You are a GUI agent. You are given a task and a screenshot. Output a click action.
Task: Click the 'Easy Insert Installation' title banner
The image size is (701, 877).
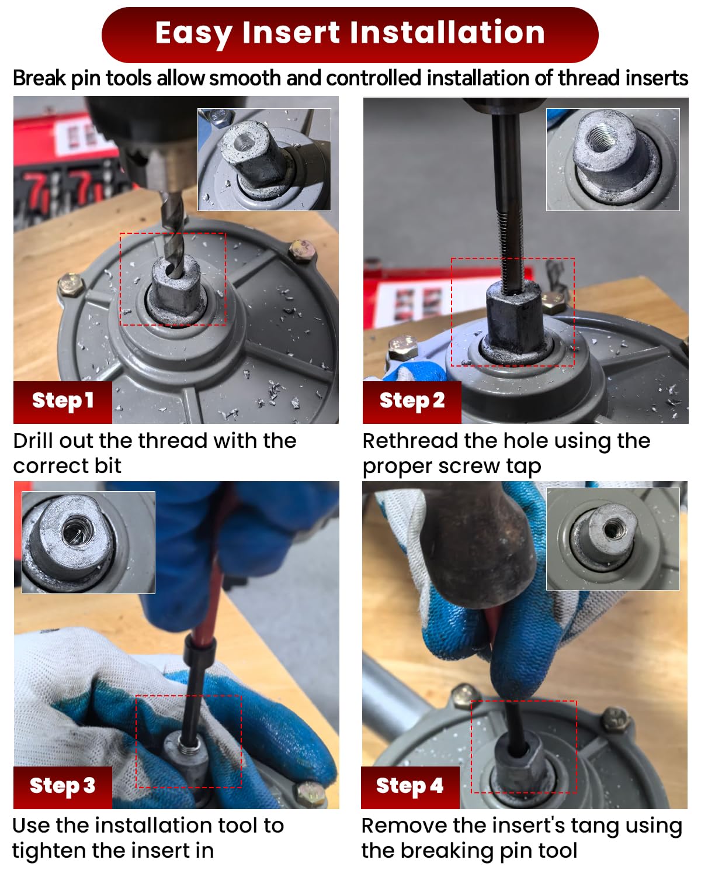click(x=349, y=34)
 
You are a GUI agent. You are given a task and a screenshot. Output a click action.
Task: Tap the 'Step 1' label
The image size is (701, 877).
click(x=63, y=402)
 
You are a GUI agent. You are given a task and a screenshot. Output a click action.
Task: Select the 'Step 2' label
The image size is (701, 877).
click(x=412, y=402)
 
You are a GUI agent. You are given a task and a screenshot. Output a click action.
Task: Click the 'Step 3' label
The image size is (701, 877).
click(x=63, y=787)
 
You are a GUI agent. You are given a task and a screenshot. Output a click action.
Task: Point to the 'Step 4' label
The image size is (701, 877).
click(x=410, y=787)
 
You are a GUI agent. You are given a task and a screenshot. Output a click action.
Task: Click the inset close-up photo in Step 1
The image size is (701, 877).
click(x=265, y=160)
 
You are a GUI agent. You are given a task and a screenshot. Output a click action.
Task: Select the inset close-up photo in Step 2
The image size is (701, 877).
click(x=613, y=160)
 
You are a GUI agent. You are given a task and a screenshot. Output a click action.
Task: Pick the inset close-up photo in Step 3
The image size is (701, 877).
click(x=88, y=542)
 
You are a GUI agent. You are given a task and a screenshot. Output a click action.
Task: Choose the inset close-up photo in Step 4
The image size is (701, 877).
click(x=613, y=538)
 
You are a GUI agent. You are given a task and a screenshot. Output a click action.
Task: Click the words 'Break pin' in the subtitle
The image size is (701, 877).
click(x=56, y=78)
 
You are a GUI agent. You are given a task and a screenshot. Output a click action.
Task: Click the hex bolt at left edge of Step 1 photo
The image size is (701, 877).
click(x=71, y=285)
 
